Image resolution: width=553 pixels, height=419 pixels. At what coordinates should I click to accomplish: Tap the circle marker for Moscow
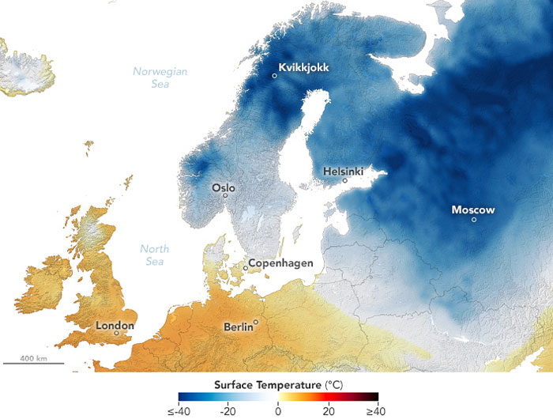474,220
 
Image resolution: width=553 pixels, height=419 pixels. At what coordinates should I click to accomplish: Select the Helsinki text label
344,171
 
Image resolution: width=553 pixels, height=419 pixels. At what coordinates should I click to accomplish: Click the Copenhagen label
280,262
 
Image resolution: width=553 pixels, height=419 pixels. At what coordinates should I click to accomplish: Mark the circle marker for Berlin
256,321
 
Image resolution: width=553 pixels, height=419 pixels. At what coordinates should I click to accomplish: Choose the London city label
115,325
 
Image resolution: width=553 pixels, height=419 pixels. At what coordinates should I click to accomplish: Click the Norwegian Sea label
160,77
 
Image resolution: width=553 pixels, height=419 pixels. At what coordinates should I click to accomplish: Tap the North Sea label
154,255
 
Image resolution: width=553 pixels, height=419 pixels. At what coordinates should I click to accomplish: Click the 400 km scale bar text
33,358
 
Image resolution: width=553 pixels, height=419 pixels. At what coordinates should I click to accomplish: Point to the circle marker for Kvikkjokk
274,75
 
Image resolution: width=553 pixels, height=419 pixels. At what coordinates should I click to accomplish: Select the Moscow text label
473,209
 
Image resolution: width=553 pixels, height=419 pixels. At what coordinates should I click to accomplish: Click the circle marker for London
116,334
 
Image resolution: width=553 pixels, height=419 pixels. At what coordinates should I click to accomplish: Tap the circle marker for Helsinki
344,180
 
